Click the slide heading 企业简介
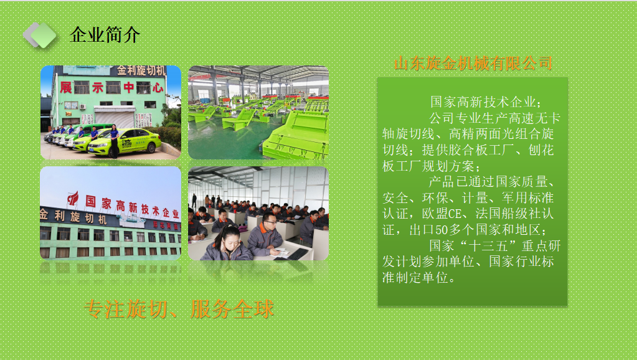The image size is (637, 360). pos(105,35)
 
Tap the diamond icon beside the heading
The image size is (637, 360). pos(40,34)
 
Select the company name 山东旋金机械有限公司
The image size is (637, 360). pos(473,63)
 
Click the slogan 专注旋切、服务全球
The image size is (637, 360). pos(179,309)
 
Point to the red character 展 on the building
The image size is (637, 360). pos(65,87)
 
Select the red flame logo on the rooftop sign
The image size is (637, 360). pos(73,199)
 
